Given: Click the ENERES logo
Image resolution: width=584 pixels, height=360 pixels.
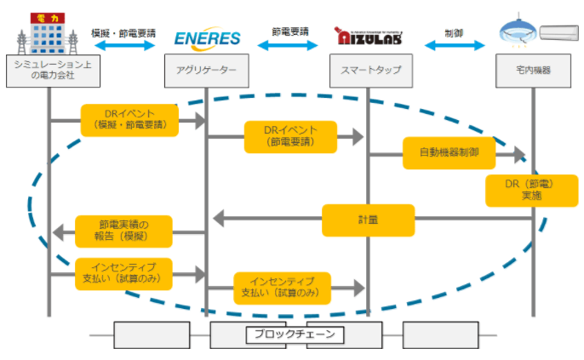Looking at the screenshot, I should [207, 38].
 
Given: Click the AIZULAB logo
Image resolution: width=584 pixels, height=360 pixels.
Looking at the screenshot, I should [369, 37].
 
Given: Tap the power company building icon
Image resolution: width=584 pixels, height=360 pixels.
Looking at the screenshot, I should [48, 31].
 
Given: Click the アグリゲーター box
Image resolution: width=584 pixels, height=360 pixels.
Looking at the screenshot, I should [207, 71].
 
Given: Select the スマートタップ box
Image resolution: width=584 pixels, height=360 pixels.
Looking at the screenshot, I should [369, 71].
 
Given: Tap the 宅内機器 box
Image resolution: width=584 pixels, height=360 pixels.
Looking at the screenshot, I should [534, 71].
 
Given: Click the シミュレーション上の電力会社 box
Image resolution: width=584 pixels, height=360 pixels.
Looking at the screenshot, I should [48, 71].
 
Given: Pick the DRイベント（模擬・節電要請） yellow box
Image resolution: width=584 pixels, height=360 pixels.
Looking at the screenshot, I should [129, 119].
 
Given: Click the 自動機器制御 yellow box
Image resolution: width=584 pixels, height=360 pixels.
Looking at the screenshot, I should [449, 153].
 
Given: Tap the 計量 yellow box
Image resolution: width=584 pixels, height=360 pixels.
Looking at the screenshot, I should [368, 220].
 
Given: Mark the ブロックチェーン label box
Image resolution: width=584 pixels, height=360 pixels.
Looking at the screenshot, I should [296, 334].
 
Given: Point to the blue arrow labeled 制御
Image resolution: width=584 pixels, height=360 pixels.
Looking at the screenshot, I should [453, 45].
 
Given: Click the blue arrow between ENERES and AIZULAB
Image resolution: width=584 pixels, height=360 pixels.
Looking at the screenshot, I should [290, 45].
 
